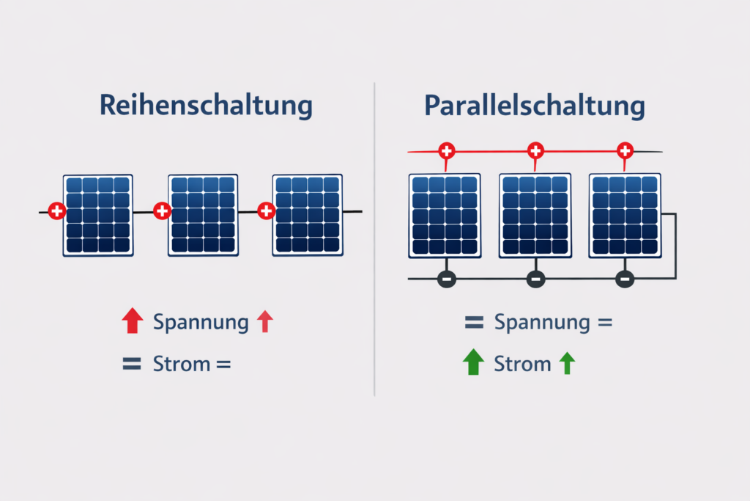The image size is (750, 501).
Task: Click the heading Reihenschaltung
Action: [x=205, y=106]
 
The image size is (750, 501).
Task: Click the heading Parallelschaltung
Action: [x=535, y=106]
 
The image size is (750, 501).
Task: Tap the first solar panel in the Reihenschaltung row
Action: [x=97, y=215]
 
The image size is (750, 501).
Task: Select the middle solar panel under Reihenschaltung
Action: [x=203, y=215]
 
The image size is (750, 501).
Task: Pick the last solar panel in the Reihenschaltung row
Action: [x=308, y=215]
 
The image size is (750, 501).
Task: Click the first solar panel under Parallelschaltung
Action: [x=445, y=215]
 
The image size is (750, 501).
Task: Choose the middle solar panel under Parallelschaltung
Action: [x=535, y=215]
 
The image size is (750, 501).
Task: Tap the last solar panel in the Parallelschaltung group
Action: [x=625, y=215]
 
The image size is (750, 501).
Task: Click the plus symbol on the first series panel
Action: [x=56, y=212]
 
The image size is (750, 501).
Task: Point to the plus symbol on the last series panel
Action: [x=267, y=212]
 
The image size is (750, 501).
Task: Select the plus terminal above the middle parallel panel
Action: [x=535, y=151]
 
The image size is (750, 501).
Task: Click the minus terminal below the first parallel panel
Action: [x=446, y=279]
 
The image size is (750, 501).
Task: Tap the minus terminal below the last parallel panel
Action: [x=625, y=279]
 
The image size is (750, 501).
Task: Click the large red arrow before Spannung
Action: [x=132, y=321]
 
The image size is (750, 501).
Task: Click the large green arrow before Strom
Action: [x=474, y=362]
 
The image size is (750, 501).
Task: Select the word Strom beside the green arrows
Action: [x=522, y=363]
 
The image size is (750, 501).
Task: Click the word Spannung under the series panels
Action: [x=201, y=323]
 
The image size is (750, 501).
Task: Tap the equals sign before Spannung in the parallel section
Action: [x=474, y=322]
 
